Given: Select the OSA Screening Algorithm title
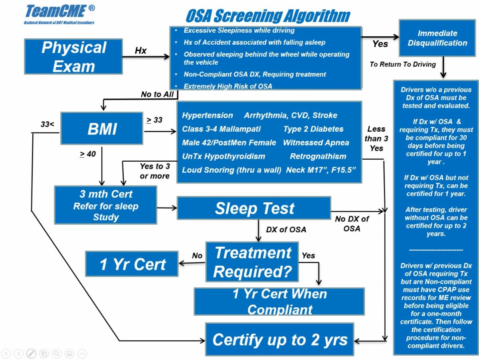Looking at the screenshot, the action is pyautogui.click(x=268, y=16).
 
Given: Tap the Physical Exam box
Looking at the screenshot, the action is pyautogui.click(x=73, y=57).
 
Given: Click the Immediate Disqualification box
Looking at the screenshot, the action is pyautogui.click(x=437, y=38).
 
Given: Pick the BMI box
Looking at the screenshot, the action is pyautogui.click(x=102, y=129).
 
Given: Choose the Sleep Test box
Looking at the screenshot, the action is pyautogui.click(x=254, y=208).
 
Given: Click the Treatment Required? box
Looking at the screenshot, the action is pyautogui.click(x=252, y=262).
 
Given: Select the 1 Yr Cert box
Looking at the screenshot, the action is pyautogui.click(x=132, y=264).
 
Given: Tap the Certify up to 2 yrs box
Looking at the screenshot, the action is pyautogui.click(x=280, y=340).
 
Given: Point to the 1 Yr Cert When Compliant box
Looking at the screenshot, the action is pyautogui.click(x=279, y=301).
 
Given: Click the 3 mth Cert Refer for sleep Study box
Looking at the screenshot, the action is pyautogui.click(x=106, y=205).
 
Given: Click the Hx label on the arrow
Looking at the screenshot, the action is pyautogui.click(x=141, y=51).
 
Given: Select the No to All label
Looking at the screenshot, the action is pyautogui.click(x=157, y=94).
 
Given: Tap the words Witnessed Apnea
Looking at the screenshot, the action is pyautogui.click(x=316, y=143).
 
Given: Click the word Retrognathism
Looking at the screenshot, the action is pyautogui.click(x=318, y=156).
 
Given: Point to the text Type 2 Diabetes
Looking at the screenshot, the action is pyautogui.click(x=313, y=129).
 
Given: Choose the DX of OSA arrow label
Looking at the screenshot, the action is pyautogui.click(x=286, y=229).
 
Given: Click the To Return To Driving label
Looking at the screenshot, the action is pyautogui.click(x=403, y=64).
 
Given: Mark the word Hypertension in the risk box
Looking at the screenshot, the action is pyautogui.click(x=208, y=115).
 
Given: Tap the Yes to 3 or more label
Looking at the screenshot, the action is pyautogui.click(x=155, y=171).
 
